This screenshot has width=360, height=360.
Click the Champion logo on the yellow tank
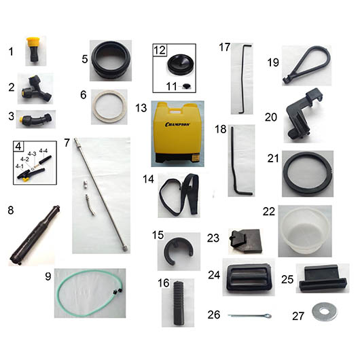(x=177, y=124)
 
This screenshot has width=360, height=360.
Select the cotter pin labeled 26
(x=249, y=316)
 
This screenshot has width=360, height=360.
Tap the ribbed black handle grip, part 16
(x=178, y=303)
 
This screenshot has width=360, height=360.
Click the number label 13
(x=141, y=108)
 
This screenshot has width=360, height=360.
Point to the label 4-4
(x=43, y=151)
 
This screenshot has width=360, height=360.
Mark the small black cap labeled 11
(x=187, y=86)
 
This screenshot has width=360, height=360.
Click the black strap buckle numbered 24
(x=249, y=277)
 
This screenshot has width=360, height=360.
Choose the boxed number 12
(x=160, y=50)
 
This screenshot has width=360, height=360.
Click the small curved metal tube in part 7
(x=90, y=204)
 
